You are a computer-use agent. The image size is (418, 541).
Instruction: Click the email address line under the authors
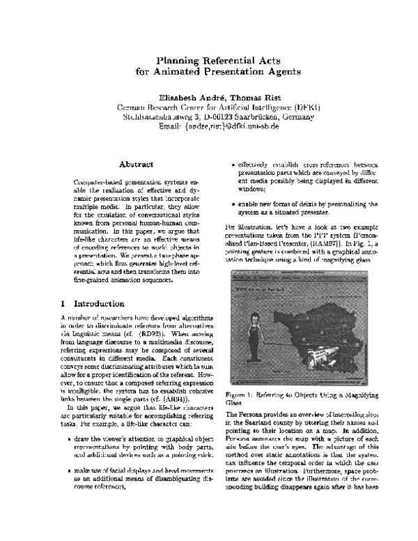(x=219, y=126)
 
